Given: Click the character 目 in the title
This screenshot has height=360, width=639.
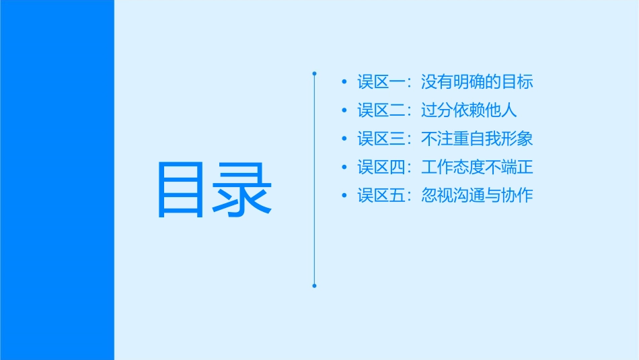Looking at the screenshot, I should (180, 189).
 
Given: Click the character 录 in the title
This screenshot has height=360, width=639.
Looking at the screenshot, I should (243, 189).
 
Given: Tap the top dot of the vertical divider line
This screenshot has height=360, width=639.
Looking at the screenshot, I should (314, 72).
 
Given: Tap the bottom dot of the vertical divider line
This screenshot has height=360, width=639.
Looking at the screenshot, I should (314, 286).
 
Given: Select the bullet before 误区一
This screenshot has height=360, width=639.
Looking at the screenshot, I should (344, 83).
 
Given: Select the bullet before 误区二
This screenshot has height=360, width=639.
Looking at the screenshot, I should (344, 111).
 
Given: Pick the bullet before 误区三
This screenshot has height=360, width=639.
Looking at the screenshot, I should (344, 139).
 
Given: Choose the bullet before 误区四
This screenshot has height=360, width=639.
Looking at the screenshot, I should (344, 168).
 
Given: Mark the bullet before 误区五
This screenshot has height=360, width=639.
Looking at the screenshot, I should (344, 196).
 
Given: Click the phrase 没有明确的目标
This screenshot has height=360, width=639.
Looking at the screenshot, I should (477, 83).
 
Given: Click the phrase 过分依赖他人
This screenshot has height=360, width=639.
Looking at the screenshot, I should (469, 111).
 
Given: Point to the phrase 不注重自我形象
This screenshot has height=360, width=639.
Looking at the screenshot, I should (477, 139).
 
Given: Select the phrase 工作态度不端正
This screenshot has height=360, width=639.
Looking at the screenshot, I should (477, 168).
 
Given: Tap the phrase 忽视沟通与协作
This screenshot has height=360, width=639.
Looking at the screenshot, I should (477, 196).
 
